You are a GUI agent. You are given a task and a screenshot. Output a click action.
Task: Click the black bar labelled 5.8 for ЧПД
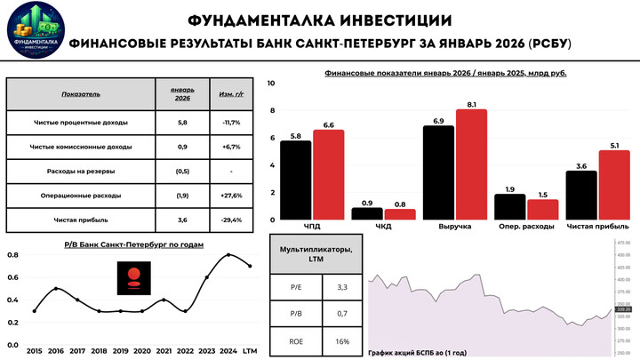[296, 181]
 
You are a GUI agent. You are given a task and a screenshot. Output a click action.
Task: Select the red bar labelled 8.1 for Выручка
[471, 165]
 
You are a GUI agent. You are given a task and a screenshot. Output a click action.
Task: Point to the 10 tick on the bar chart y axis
[272, 84]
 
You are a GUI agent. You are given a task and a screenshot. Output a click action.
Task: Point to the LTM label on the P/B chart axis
[251, 352]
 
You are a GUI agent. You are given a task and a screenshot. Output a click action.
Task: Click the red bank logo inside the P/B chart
[136, 279]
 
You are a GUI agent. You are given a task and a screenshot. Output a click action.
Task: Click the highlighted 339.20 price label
[621, 309]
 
